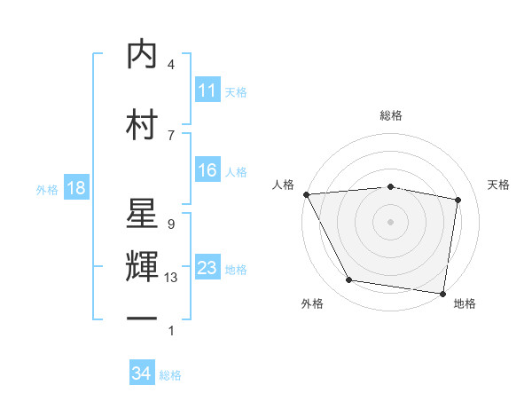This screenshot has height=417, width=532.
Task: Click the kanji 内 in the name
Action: (142, 55)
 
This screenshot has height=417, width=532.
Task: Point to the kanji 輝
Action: (142, 267)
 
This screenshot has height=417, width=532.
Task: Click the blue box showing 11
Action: (207, 90)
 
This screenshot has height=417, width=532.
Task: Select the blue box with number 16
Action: (207, 171)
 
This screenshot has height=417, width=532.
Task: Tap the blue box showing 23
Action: (207, 268)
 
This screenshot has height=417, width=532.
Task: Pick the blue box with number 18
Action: (75, 188)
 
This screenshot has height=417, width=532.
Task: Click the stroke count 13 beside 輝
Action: (171, 278)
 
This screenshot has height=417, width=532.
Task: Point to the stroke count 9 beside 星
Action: (170, 224)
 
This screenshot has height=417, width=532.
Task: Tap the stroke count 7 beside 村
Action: (170, 135)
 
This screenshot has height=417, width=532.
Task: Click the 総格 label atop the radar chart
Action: (391, 115)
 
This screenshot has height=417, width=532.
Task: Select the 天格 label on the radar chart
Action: (499, 185)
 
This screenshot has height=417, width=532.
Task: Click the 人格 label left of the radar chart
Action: (283, 185)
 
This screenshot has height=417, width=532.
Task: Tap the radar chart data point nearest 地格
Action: (443, 293)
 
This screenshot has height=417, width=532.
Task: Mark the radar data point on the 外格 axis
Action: (349, 281)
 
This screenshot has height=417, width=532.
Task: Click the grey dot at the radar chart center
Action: (390, 221)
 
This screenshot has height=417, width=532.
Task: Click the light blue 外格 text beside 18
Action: (46, 189)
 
